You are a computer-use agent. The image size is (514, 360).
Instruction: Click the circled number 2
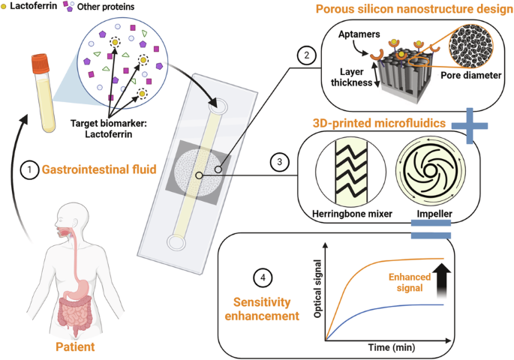click(x=305, y=54)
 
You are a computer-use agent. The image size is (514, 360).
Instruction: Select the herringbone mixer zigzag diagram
click(x=339, y=172)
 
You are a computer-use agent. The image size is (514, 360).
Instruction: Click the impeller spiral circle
click(x=425, y=172)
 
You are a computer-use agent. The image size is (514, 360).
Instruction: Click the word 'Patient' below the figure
click(x=76, y=347)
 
